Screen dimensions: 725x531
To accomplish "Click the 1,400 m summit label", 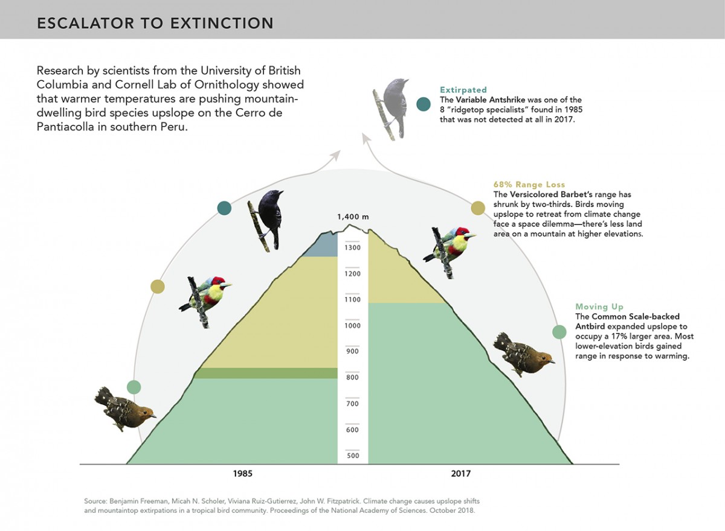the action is [x=353, y=217].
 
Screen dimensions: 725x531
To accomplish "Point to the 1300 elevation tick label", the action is [x=352, y=248].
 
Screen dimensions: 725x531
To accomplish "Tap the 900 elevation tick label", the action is [x=352, y=351].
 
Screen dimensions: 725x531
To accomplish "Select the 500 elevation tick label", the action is [x=353, y=456].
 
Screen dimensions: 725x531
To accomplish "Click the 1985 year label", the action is [x=243, y=474].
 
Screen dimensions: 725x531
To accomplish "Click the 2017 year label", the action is [x=461, y=474].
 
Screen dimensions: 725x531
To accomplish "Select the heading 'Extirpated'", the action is [x=463, y=90].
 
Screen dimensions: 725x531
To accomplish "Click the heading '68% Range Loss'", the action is [x=529, y=185].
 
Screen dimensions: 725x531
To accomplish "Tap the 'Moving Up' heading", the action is [x=599, y=307].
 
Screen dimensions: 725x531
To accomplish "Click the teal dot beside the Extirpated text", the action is [x=424, y=104].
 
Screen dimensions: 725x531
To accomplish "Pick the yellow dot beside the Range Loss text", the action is [x=478, y=208].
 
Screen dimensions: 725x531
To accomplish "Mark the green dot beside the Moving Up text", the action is [x=559, y=332].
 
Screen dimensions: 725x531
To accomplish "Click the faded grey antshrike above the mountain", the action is [x=390, y=108].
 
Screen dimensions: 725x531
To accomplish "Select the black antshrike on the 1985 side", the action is [x=266, y=220].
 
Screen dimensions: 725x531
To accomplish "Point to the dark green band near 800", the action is [x=266, y=373].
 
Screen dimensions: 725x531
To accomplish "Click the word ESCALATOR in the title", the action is [x=85, y=24].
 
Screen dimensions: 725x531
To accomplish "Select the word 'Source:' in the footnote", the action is [x=95, y=501].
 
